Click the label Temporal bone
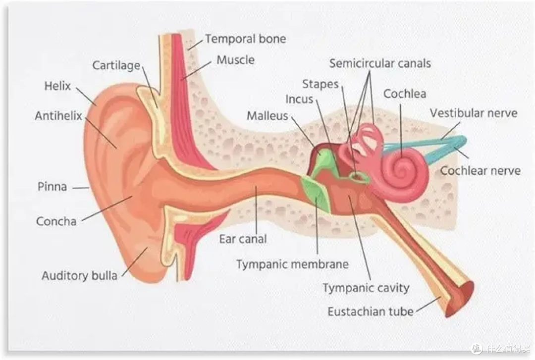tap(245, 39)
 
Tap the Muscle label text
tap(235, 60)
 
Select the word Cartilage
tap(116, 65)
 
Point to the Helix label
tap(57, 86)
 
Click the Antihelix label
tap(58, 116)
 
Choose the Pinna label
tap(52, 187)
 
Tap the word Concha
tap(56, 221)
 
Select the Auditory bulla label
tap(79, 276)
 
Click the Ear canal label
tap(243, 239)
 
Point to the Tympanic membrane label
tap(292, 264)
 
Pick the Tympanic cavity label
tap(366, 288)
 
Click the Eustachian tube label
tap(371, 311)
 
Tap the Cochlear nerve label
tap(480, 171)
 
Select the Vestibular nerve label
tap(473, 113)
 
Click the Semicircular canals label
tap(380, 63)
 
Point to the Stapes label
tap(320, 84)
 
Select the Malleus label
tap(267, 116)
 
